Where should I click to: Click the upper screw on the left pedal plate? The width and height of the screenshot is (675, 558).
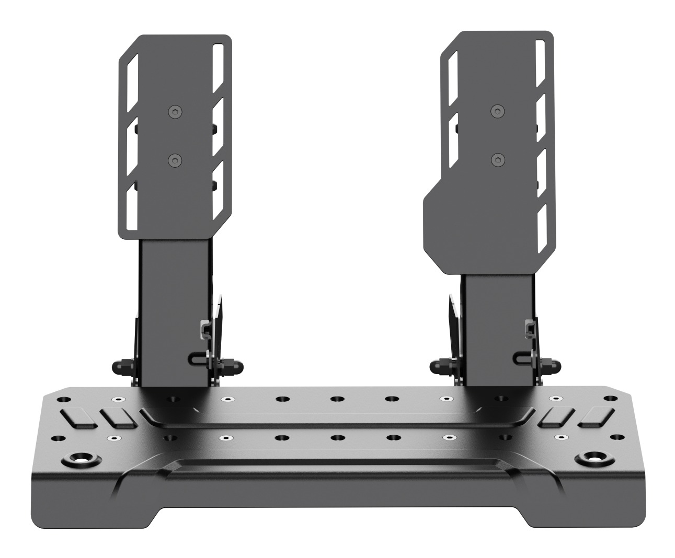tap(175, 111)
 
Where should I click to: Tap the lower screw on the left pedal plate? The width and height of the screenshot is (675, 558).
tap(175, 160)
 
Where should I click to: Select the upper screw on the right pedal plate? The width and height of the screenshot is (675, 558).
tap(497, 111)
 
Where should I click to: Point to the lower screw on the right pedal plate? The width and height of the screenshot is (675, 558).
tap(497, 159)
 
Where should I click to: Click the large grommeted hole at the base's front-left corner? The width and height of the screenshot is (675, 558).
tap(81, 460)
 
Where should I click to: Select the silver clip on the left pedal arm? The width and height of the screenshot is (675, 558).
tap(205, 329)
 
